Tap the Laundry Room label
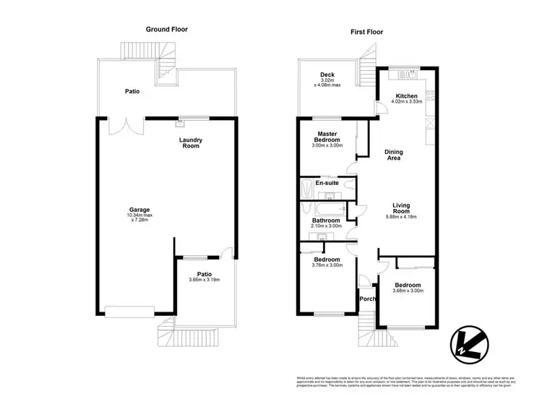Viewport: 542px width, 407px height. (191, 143)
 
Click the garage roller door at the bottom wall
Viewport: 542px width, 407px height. (129, 312)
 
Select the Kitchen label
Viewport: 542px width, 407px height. (406, 100)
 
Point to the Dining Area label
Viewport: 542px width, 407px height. (393, 155)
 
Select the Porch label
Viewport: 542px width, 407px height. (368, 299)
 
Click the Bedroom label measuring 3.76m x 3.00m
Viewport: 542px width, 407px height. (327, 262)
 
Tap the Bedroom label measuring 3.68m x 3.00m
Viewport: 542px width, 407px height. (408, 287)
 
